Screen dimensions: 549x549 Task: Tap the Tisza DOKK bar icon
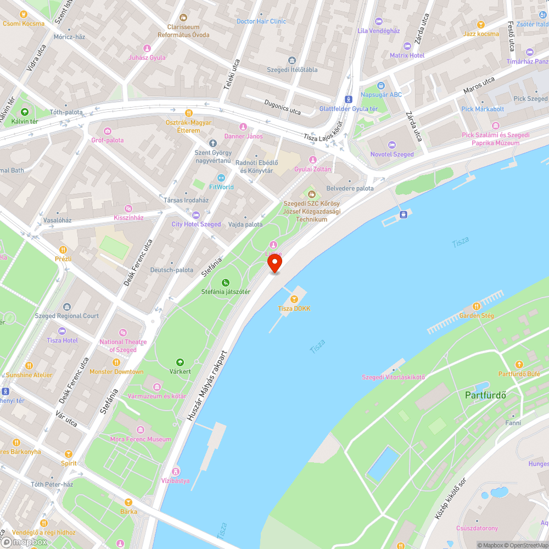click(x=294, y=299)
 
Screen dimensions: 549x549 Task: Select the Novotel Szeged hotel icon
click(x=391, y=145)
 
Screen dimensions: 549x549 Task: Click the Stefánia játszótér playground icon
click(x=225, y=282)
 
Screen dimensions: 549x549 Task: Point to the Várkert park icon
click(x=180, y=362)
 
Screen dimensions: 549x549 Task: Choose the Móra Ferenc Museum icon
click(x=141, y=429)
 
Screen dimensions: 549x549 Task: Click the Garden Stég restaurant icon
click(x=477, y=306)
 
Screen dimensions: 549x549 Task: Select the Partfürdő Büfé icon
click(x=519, y=365)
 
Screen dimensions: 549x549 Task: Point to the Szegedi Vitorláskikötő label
click(x=393, y=377)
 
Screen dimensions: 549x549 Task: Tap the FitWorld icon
click(x=221, y=178)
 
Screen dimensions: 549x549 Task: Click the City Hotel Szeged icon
click(x=196, y=215)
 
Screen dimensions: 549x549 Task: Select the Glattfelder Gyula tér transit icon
click(x=348, y=99)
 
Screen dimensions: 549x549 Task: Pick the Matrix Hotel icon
click(x=407, y=46)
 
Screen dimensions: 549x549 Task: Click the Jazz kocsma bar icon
click(x=481, y=24)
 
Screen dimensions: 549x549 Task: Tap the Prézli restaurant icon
click(x=63, y=249)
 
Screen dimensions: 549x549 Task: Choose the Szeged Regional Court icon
click(x=67, y=306)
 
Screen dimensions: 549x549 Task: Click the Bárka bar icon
click(x=128, y=502)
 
